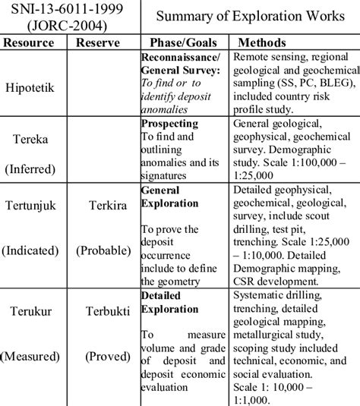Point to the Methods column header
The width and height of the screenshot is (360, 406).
click(261, 43)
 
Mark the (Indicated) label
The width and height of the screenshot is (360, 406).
click(36, 249)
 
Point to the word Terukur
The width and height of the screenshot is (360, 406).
click(36, 310)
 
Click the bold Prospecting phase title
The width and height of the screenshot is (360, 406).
click(170, 122)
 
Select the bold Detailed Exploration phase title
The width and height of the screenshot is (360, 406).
click(169, 301)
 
